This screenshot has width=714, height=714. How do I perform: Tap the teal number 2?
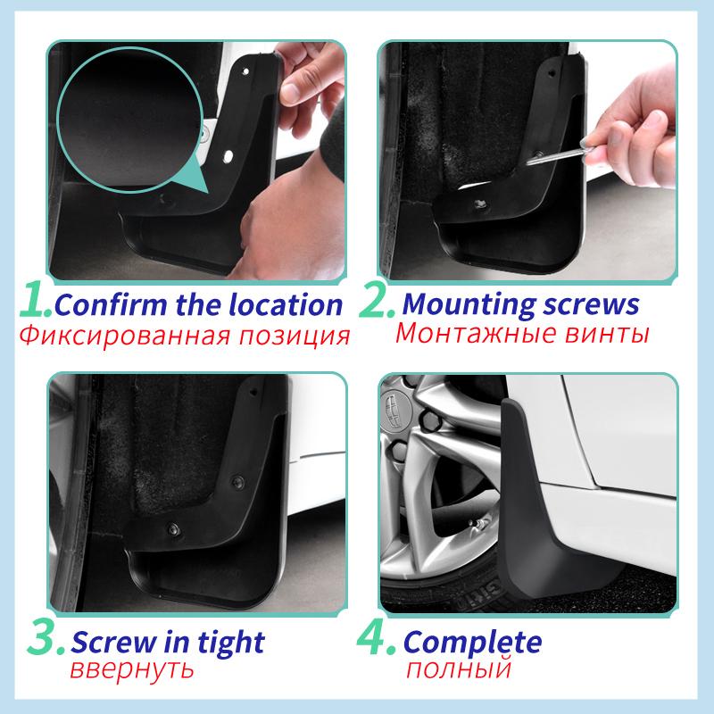point(377,303)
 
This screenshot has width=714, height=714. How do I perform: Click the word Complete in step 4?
point(472,643)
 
